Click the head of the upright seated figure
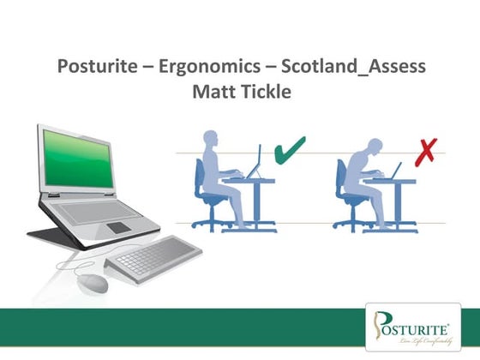click(x=212, y=142)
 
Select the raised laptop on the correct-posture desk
click(x=256, y=163)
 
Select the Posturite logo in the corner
click(x=417, y=327)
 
